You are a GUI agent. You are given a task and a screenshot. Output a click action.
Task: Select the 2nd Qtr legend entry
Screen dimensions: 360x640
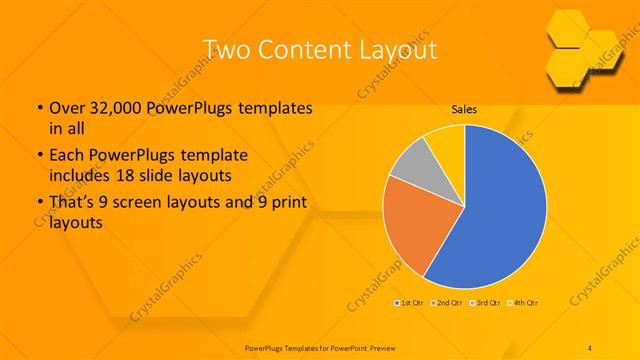coord(447,302)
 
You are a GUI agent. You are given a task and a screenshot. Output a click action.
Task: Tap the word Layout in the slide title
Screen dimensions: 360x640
coord(394,49)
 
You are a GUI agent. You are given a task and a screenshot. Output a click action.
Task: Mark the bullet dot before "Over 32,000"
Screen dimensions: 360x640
coord(39,108)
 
